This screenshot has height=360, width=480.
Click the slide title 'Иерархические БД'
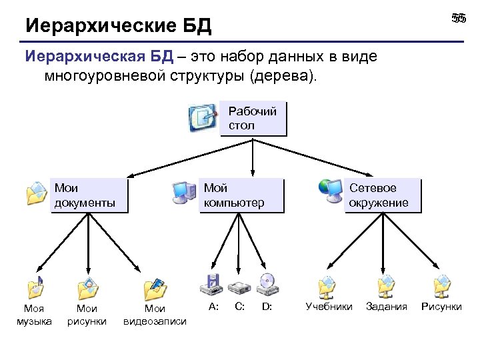coord(118,26)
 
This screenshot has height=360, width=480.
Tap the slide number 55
coord(458,19)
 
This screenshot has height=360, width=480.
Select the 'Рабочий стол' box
coord(253,119)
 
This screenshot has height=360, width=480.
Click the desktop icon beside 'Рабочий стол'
coord(203,118)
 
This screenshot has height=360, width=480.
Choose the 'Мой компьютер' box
coord(241,195)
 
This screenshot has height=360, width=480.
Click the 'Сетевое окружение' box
coord(383,195)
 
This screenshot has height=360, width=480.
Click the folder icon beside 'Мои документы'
coord(36,193)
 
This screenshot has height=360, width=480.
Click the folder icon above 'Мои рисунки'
coord(87,288)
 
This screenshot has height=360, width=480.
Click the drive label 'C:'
coord(240,307)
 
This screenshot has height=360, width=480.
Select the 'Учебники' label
coord(329,307)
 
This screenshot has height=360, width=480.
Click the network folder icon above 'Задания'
coord(386,287)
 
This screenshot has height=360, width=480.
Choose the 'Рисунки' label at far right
coord(441,307)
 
